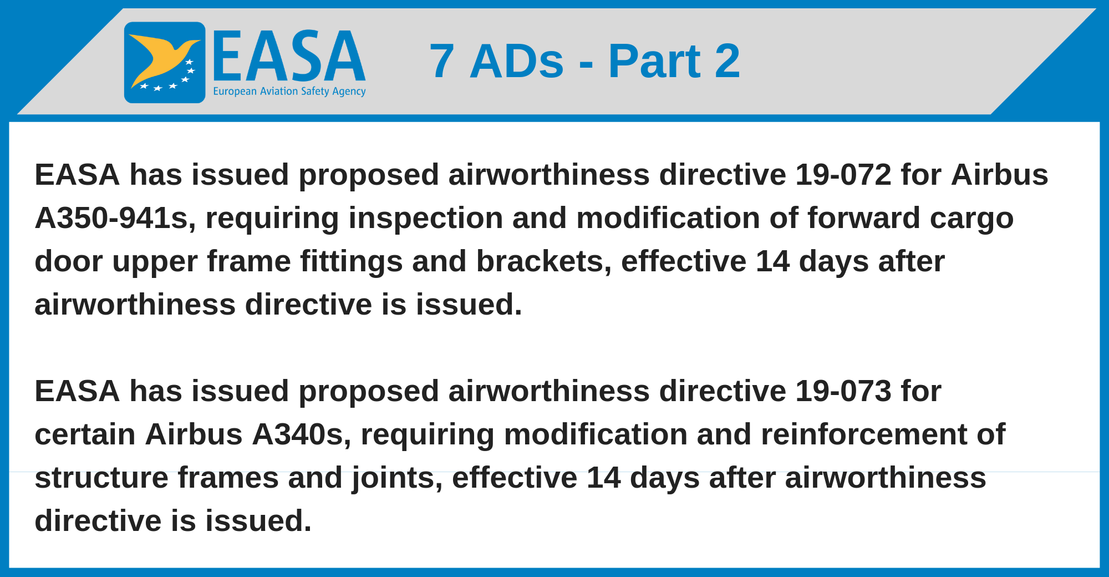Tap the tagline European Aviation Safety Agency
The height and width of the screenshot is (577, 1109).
point(289,91)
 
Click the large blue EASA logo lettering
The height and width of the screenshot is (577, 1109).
point(289,55)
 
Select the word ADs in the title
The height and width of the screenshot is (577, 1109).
point(517,61)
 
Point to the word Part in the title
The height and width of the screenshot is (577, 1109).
point(654,61)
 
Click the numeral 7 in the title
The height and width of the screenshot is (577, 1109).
point(442,61)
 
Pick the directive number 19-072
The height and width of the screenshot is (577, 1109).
point(843,175)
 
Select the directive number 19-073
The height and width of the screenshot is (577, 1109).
point(843,391)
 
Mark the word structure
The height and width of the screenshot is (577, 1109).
point(101,478)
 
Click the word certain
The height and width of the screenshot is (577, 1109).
point(85,434)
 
